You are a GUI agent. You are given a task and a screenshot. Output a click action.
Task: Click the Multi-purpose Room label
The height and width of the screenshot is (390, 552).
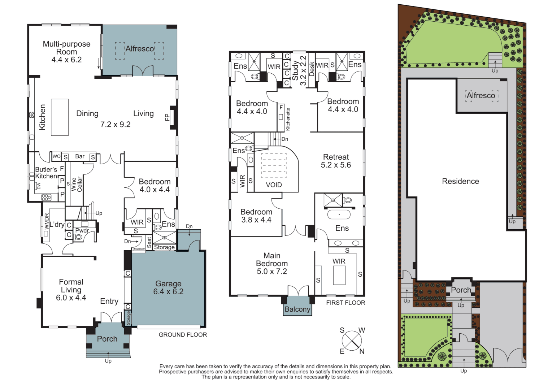click(66, 48)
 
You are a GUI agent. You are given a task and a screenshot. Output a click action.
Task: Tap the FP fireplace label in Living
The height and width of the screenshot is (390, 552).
click(167, 117)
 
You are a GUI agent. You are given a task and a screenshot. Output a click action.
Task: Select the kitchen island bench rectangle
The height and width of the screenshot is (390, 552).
click(60, 117)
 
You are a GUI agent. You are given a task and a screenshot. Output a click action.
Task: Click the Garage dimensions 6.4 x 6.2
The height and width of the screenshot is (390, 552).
click(168, 292)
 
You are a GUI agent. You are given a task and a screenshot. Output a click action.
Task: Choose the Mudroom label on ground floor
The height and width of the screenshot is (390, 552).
click(139, 249)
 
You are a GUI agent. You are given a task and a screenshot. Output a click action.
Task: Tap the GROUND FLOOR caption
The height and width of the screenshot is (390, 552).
click(183, 334)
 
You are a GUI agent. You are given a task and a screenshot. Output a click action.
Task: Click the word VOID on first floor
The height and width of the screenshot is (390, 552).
click(274, 185)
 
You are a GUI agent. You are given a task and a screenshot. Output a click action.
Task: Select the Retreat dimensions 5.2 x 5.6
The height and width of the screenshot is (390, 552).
click(336, 165)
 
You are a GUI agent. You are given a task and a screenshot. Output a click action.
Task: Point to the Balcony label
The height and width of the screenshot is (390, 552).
click(297, 309)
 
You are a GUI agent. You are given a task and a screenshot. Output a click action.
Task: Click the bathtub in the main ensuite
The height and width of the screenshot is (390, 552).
click(339, 214)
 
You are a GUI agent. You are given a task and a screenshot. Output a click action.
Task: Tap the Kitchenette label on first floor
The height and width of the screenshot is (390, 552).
click(288, 119)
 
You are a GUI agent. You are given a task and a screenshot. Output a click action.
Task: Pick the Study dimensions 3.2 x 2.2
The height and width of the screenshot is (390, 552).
click(303, 70)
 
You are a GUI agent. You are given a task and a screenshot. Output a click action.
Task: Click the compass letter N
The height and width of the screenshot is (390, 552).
click(361, 351)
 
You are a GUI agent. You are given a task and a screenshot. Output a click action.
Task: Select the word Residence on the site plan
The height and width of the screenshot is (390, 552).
click(460, 181)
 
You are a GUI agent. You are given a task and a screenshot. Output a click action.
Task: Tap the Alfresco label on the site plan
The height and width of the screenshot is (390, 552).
click(481, 95)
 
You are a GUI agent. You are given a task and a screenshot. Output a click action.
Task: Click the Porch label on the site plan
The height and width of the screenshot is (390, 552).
click(461, 290)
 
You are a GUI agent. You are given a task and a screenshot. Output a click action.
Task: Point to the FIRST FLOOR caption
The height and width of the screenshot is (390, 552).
click(345, 303)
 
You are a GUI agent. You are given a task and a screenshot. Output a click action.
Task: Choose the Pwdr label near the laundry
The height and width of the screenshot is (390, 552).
click(82, 230)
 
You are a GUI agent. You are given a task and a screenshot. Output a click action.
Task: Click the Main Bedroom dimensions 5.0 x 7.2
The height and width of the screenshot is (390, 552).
click(272, 272)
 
